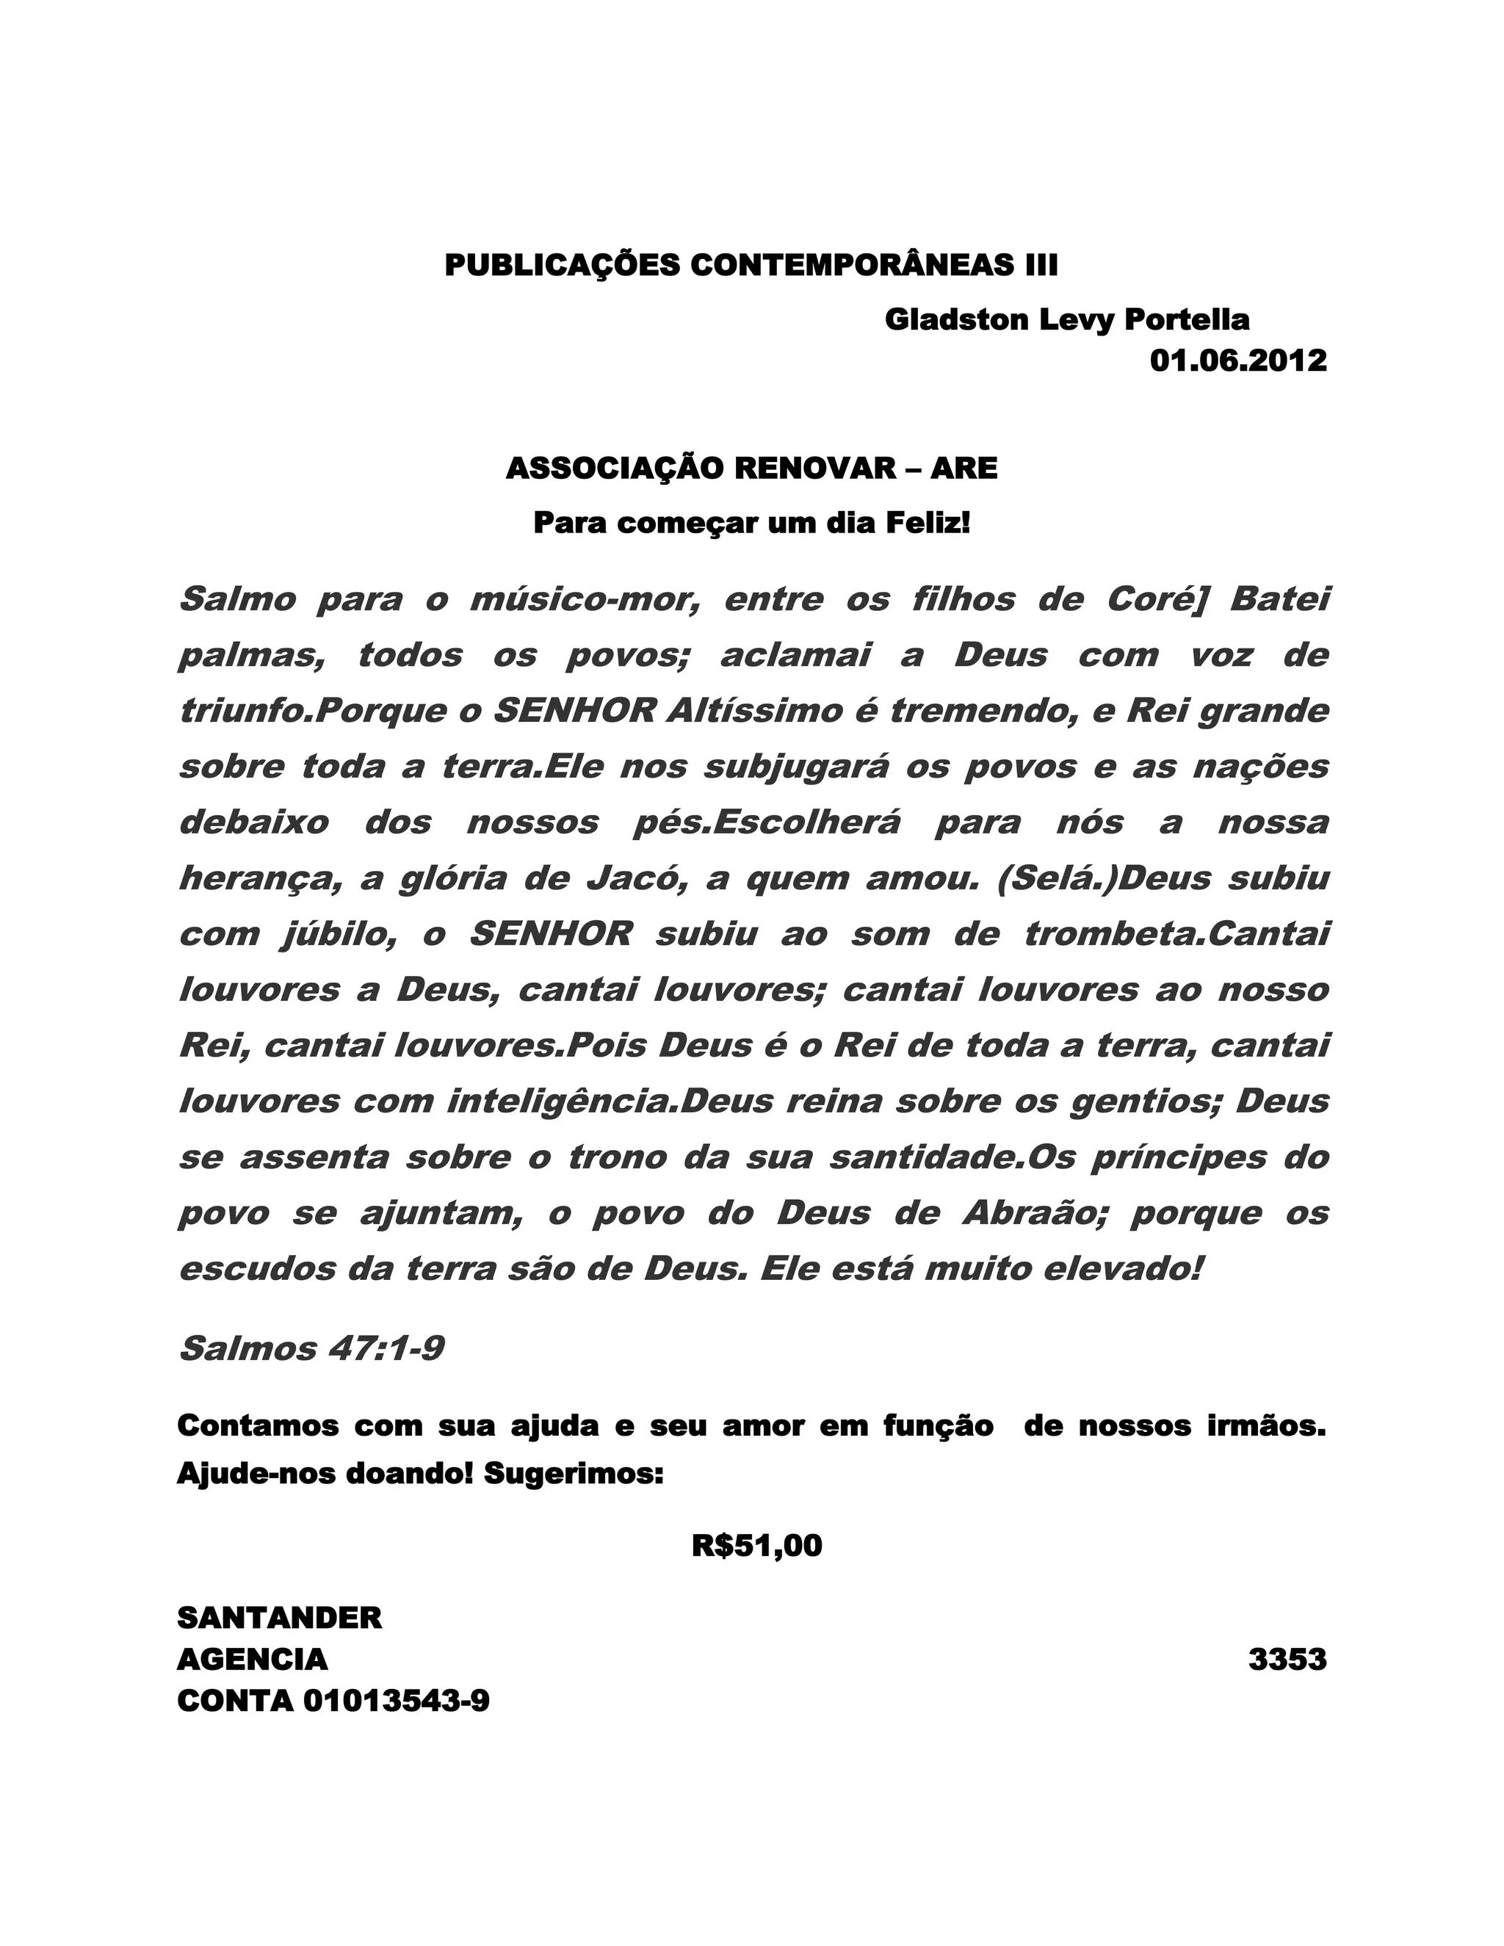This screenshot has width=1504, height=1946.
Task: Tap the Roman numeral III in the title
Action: click(x=1039, y=266)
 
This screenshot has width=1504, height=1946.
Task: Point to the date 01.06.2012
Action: click(x=1237, y=361)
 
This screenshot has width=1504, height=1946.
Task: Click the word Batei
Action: click(x=1279, y=600)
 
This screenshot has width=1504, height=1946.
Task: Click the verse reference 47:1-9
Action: click(x=386, y=1350)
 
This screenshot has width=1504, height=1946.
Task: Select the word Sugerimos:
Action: click(x=574, y=1475)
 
